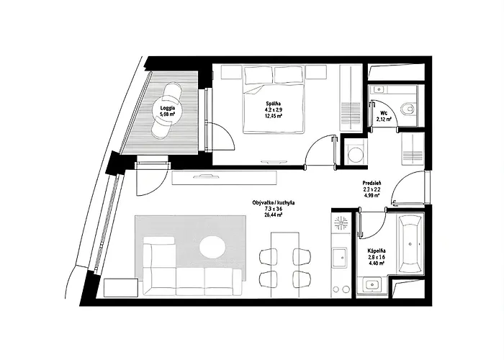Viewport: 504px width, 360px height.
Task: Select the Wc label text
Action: pos(383,113)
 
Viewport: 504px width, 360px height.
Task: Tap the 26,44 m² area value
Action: pos(273,215)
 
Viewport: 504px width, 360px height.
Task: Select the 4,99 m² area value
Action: pos(373,195)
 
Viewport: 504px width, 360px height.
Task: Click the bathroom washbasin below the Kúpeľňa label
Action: pos(372,285)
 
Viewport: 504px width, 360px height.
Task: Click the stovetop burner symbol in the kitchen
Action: pos(341,225)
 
